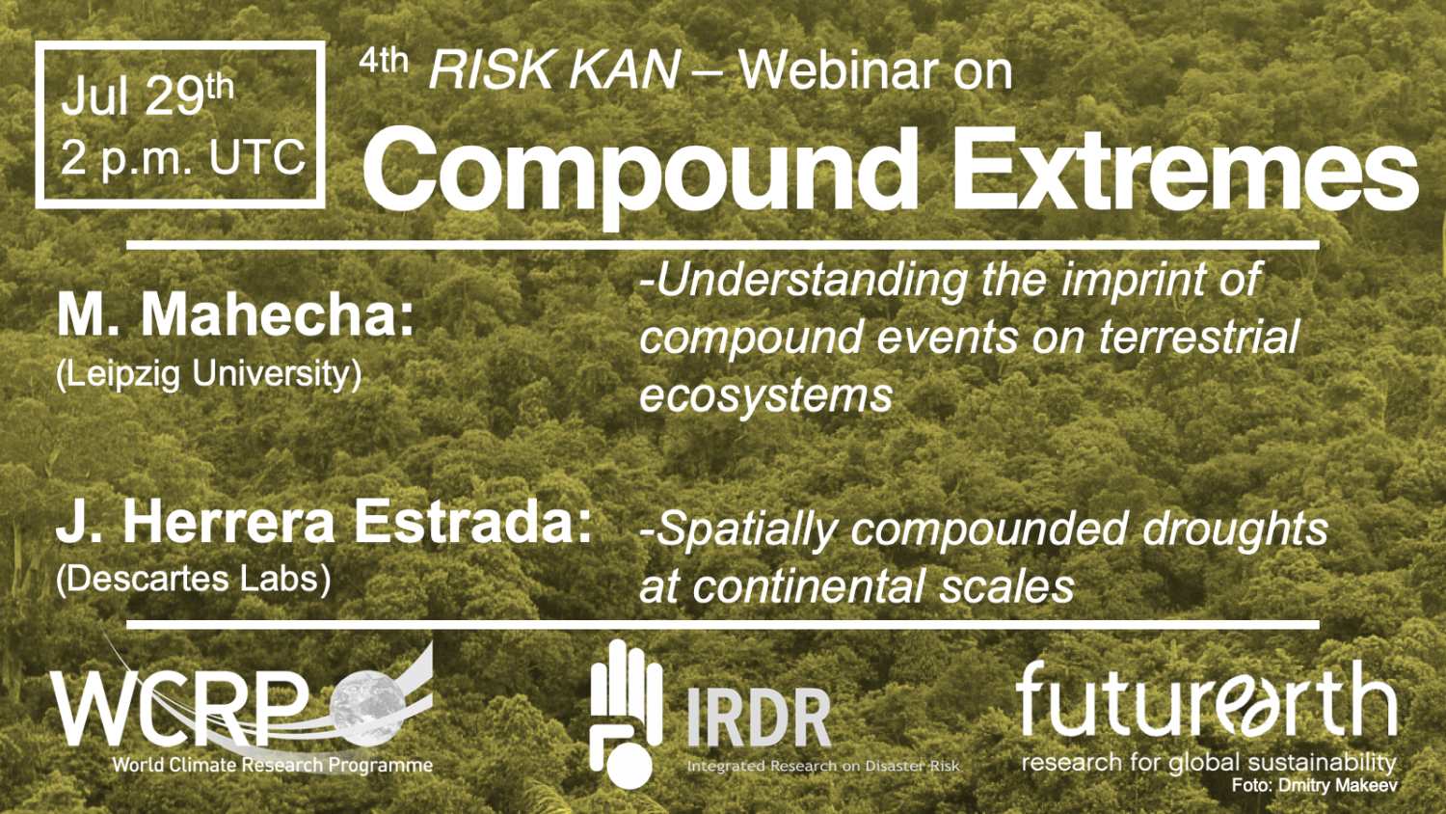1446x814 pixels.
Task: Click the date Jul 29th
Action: coord(147,95)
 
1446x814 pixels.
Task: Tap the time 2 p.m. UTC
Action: coord(183,157)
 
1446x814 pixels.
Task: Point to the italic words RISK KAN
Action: coord(554,69)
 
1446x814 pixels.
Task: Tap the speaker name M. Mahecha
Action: coord(235,316)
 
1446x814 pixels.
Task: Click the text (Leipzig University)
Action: coord(208,374)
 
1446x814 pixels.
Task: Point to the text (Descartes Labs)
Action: coord(193,579)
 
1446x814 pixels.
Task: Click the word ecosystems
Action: coord(765,394)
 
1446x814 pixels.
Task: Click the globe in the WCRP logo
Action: coord(367,703)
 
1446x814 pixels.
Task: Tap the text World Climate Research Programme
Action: coord(273,766)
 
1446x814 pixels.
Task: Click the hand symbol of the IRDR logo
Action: coord(625,714)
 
